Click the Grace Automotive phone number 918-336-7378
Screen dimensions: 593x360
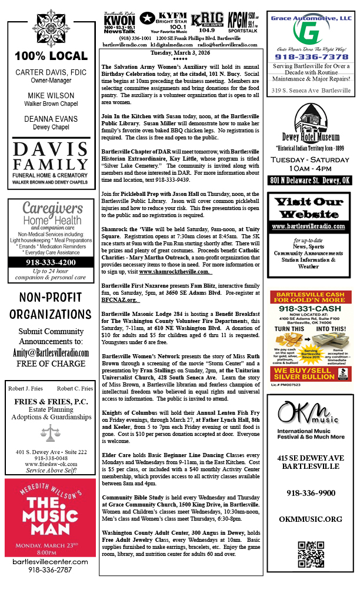[x=310, y=57]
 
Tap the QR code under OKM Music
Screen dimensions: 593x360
[x=310, y=554]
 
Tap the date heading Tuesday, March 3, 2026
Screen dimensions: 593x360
[x=181, y=52]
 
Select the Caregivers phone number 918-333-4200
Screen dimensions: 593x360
[x=46, y=262]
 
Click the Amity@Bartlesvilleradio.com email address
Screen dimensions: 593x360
[x=46, y=352]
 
